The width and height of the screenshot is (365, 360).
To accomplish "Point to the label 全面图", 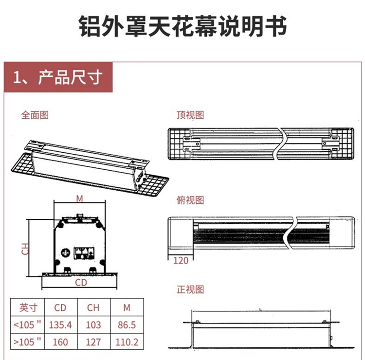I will click(x=35, y=115).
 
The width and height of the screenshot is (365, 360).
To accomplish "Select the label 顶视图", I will click(x=190, y=115).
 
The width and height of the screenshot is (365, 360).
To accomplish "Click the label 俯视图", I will click(x=190, y=201).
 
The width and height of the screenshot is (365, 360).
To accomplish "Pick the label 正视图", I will click(x=190, y=290).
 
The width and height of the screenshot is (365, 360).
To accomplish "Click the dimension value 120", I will click(x=181, y=261).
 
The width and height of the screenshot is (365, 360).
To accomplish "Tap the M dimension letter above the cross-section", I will click(x=80, y=198).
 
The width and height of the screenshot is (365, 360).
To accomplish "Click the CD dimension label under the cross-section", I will click(x=81, y=283).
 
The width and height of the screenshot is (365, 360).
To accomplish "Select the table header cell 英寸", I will click(x=28, y=307).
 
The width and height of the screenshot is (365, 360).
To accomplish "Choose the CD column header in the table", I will click(x=60, y=307).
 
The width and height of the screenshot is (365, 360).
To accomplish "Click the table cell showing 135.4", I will click(x=60, y=325).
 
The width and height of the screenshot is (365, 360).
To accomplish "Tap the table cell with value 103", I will click(x=93, y=325).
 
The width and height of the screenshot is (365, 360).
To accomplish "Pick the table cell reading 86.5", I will click(x=127, y=325).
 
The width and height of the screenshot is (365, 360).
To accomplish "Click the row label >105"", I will click(x=28, y=342).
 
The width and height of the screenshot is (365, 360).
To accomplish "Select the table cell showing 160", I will click(x=60, y=342).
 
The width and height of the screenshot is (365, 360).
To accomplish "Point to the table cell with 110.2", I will click(x=127, y=342).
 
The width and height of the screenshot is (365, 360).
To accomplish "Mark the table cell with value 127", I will click(x=93, y=342).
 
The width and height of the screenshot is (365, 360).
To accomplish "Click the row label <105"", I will click(x=28, y=325).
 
